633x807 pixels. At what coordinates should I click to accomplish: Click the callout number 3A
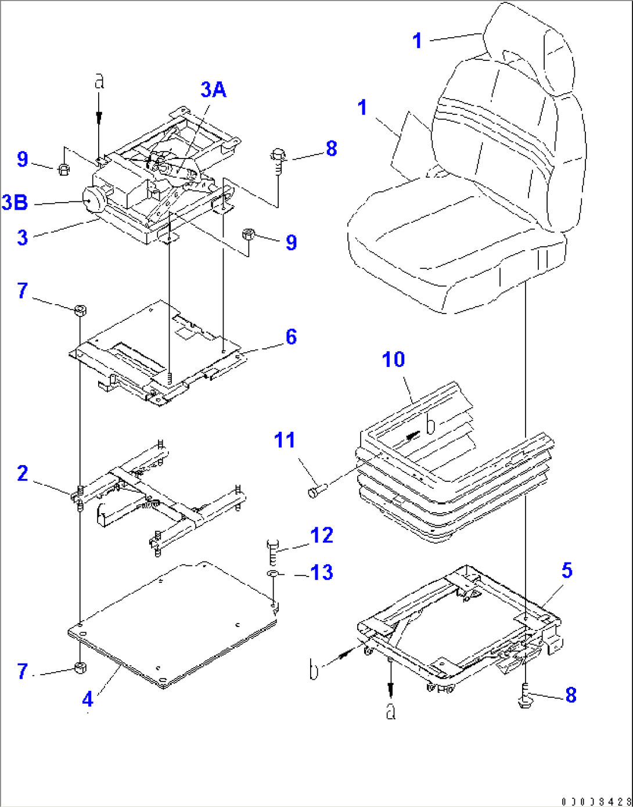pos(213,90)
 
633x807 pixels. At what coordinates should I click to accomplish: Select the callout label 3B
pos(15,203)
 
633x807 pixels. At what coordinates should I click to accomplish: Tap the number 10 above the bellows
pos(393,359)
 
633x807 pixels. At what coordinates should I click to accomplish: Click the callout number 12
pos(322,535)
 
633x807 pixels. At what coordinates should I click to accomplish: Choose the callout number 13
pos(322,573)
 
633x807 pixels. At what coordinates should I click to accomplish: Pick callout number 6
pos(291,337)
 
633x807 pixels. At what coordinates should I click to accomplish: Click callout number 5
pos(567,570)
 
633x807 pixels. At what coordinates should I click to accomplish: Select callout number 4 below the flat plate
pos(87,700)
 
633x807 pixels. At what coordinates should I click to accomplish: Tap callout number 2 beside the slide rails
pos(22,473)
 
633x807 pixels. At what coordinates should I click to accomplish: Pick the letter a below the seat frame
pos(391,710)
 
